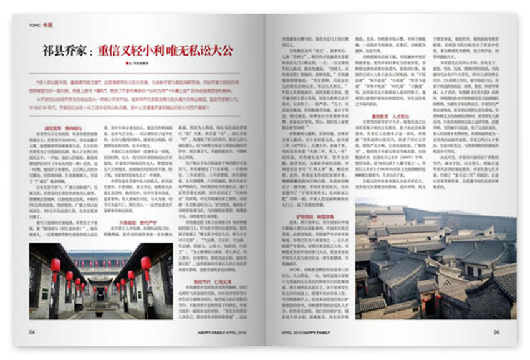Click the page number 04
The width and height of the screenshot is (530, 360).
(32, 332)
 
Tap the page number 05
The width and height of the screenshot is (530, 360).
(497, 332)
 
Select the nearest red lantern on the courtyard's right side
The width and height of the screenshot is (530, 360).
(147, 264)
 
